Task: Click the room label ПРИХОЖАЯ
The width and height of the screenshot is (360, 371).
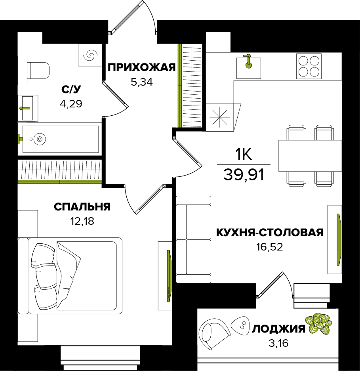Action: click(141, 67)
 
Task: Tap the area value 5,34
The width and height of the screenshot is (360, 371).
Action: click(141, 82)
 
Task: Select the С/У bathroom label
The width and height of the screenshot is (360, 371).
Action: click(72, 89)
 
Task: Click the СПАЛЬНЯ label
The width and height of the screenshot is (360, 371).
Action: click(82, 207)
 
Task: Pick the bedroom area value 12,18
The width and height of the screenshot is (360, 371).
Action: click(82, 221)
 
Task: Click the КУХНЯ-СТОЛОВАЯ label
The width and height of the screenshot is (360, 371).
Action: click(270, 233)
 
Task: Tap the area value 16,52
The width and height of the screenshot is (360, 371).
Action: click(270, 247)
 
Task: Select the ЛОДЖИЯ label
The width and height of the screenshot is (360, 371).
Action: click(279, 329)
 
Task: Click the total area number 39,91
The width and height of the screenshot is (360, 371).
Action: click(244, 174)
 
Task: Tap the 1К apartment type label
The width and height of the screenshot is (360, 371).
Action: click(244, 154)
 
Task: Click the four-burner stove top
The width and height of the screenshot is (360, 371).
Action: click(309, 66)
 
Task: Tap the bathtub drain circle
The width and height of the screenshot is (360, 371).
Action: click(39, 139)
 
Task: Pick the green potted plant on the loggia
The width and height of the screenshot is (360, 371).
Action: click(318, 323)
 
